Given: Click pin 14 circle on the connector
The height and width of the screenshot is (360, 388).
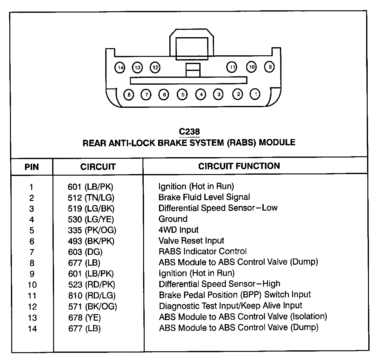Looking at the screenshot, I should tap(120, 67).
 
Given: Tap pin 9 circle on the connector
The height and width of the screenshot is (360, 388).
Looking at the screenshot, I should tap(269, 67).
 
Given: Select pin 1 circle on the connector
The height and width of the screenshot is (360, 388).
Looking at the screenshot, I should tap(255, 94).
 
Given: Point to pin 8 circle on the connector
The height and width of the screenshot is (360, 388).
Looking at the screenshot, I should tap(128, 95).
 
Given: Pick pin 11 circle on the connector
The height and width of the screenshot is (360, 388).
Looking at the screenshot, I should tap(231, 67).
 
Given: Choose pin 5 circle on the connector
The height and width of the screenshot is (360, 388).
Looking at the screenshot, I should tap(182, 94).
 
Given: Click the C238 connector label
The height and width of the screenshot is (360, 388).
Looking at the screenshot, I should tap(189, 132).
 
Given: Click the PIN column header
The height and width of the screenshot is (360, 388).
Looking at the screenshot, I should tap(32, 167).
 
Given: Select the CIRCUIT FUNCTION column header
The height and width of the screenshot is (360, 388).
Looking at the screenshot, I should tap(239, 166).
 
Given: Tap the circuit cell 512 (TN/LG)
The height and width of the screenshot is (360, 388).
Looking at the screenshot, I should tap(91, 197).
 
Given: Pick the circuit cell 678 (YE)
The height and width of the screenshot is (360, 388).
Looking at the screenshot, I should tap(84, 318).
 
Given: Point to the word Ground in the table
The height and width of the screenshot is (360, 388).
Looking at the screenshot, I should tap(173, 219).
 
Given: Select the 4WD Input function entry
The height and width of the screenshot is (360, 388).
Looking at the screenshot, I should tap(178, 230).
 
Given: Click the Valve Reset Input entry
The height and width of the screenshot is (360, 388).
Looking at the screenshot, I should tap(191, 241).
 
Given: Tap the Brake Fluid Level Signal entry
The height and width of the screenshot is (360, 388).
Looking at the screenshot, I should tap(204, 197).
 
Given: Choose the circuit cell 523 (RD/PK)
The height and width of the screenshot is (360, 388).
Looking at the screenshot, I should tap(92, 285).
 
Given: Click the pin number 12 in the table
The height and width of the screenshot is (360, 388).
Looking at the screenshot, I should tap(32, 307).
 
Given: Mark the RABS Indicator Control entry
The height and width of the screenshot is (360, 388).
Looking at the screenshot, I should tap(202, 251).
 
